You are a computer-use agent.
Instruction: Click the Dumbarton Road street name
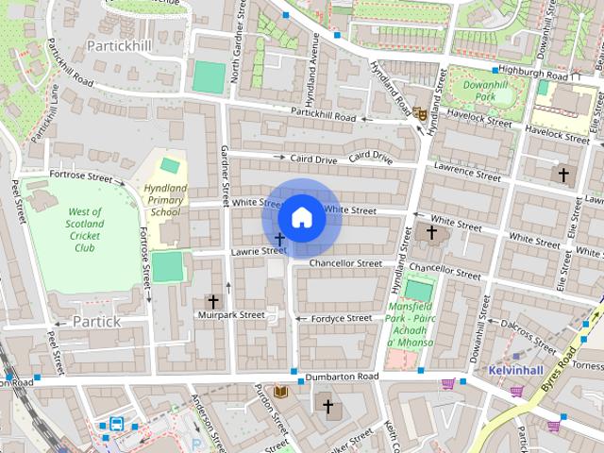341,377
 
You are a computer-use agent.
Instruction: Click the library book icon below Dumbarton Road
280,391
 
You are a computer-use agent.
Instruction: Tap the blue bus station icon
116,424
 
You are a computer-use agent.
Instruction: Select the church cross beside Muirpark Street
212,301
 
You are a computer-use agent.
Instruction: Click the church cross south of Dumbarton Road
327,407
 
